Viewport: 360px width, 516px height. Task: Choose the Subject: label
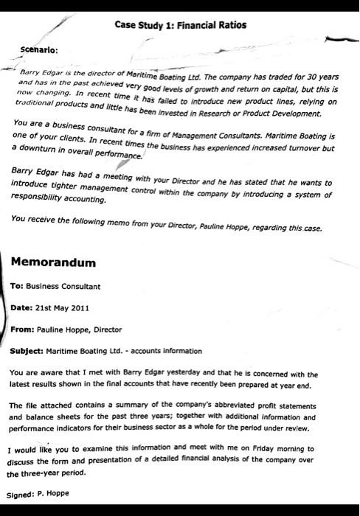[30, 351]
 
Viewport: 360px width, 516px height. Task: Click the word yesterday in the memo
[201, 374]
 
